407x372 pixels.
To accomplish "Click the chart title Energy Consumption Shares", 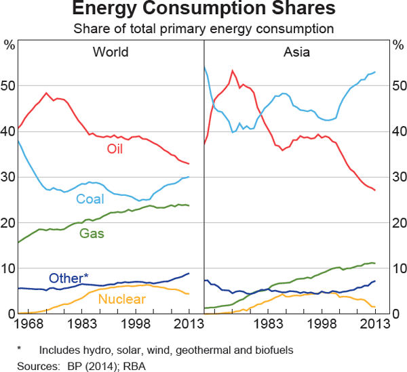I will pyautogui.click(x=203, y=9).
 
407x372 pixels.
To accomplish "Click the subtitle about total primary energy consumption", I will pyautogui.click(x=203, y=28).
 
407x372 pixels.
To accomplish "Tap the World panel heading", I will pyautogui.click(x=111, y=52).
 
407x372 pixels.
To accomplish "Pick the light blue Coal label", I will pyautogui.click(x=90, y=199).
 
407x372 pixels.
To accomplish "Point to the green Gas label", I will pyautogui.click(x=92, y=234).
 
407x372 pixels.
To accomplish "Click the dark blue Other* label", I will pyautogui.click(x=69, y=278).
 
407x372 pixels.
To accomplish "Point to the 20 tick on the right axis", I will pyautogui.click(x=397, y=223).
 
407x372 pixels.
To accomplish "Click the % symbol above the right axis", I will pyautogui.click(x=397, y=45).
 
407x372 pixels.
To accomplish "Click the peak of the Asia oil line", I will pyautogui.click(x=232, y=70).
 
